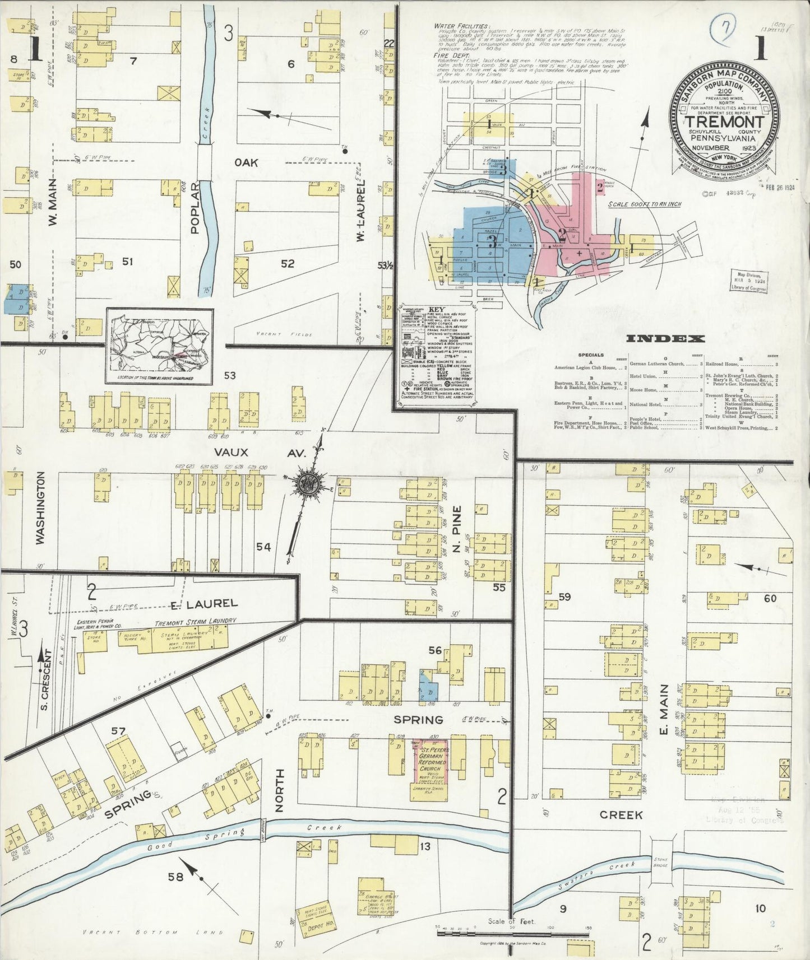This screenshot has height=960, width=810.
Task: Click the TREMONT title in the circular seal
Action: pos(725,122)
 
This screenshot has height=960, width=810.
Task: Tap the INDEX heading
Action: pos(665,338)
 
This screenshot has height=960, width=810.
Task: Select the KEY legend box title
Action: pos(437,309)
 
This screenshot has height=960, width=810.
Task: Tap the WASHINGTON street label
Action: pos(40,507)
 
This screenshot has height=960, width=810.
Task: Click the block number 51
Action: pos(127,262)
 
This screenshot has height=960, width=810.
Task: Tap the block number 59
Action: pos(564,597)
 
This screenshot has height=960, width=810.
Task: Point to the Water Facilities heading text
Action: pos(457,26)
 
